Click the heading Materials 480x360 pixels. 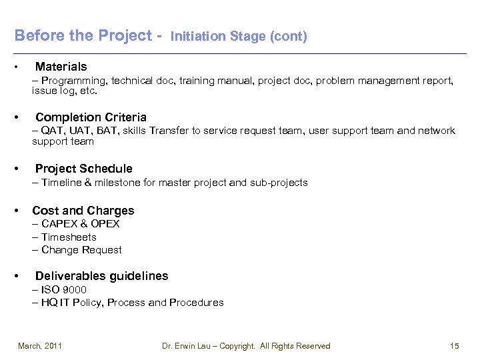click(61, 67)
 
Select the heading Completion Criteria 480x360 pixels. click(91, 117)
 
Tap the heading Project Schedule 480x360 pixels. click(83, 169)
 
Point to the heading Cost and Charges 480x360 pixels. click(83, 211)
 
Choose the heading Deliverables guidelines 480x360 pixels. click(101, 276)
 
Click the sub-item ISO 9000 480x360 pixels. click(64, 289)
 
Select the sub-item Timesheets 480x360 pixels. click(69, 237)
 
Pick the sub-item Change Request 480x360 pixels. click(81, 250)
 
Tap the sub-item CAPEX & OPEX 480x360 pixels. click(80, 224)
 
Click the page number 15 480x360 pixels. click(455, 345)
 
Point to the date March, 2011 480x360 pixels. click(40, 345)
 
